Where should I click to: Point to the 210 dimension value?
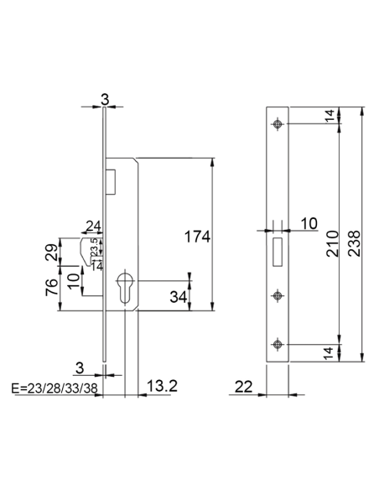tap(330, 242)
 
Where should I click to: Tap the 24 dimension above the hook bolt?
tap(92, 226)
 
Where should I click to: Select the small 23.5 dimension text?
tap(94, 246)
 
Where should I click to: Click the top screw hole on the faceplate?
tap(278, 125)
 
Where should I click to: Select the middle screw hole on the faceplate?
tap(278, 295)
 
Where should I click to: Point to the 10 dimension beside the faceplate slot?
tap(308, 222)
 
